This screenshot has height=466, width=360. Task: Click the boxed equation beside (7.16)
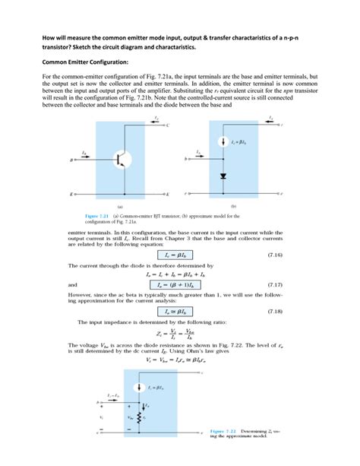[183, 255]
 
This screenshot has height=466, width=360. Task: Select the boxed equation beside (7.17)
[183, 284]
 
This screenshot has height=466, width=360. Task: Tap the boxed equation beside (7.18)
[183, 312]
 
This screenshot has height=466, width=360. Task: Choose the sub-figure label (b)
[233, 205]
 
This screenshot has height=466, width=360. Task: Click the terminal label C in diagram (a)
[168, 123]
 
